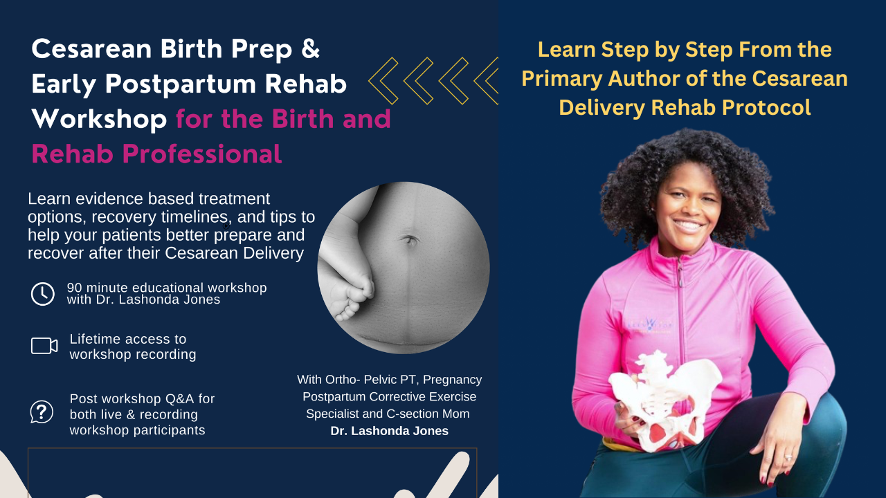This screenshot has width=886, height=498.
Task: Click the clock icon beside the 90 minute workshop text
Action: pos(43,294)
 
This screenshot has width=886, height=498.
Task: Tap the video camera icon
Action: pos(44,346)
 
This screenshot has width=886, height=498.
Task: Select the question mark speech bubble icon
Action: pos(42,412)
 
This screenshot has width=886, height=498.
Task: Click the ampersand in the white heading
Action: pos(311,48)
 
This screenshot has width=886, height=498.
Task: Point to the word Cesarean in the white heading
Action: pos(91,49)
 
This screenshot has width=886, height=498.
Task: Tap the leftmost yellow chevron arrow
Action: pos(383,81)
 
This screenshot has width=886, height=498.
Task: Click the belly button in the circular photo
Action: pos(410,240)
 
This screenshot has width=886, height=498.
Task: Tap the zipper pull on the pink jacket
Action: pos(680,273)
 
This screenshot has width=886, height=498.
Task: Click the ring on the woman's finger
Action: pos(788,457)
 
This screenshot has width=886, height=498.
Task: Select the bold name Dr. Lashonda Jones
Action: pos(389,431)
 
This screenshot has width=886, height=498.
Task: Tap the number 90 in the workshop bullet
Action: pos(74,288)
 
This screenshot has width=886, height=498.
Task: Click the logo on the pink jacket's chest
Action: pos(650,325)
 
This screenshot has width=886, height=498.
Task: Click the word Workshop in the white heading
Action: pos(99,119)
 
